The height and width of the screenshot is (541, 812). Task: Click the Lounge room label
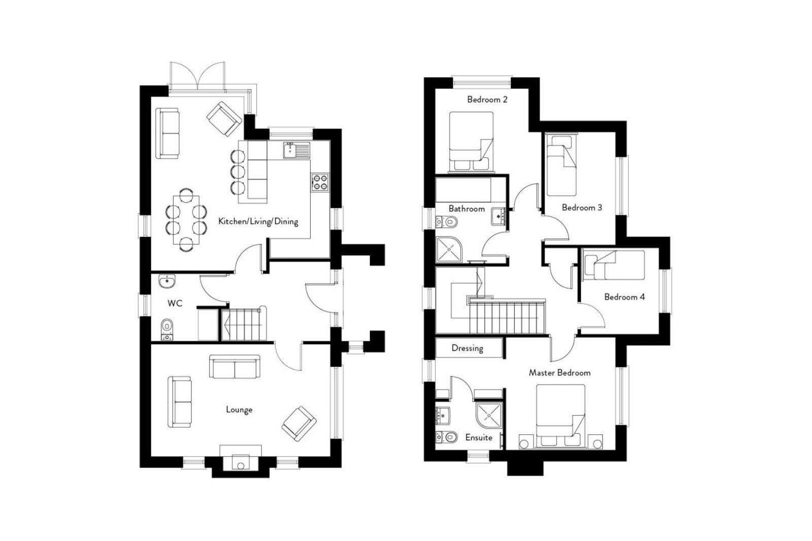point(239,409)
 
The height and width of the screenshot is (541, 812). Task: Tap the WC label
point(175,304)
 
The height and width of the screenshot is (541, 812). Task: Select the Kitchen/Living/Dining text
point(258,221)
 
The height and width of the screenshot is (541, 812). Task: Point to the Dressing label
point(467,348)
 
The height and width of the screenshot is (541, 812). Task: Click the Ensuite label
point(479,437)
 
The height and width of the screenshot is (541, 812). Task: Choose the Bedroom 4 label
point(624,297)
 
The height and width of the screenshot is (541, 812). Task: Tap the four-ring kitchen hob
point(320,182)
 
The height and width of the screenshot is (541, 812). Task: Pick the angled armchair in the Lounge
point(299,423)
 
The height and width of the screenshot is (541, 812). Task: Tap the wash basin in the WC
point(166,281)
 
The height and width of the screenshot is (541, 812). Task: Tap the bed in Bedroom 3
point(561,165)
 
